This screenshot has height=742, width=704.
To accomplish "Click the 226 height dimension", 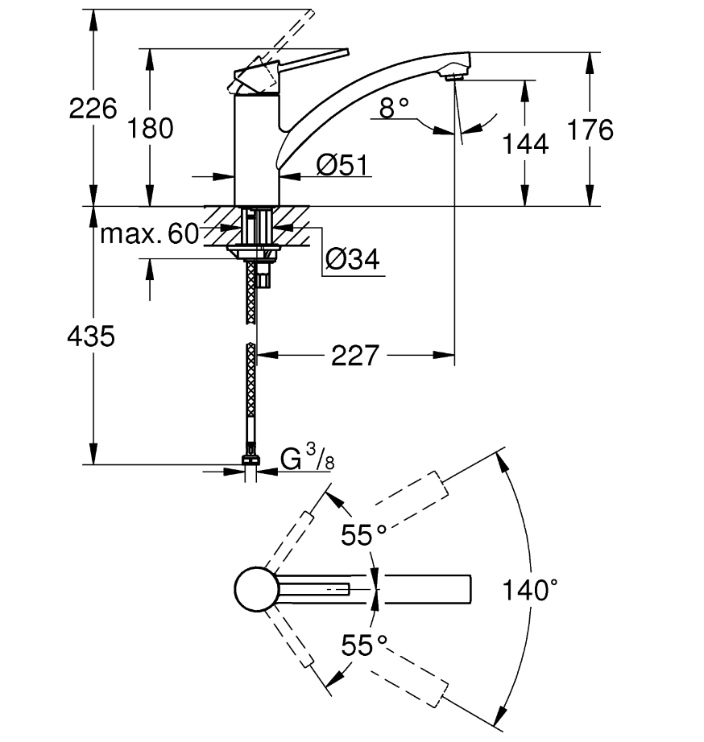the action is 93,109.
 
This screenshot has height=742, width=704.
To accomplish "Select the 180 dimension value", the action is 150,129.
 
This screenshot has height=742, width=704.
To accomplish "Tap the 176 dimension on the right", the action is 590,130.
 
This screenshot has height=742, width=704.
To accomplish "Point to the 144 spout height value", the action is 525,143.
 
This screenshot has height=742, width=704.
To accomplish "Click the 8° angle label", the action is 394,108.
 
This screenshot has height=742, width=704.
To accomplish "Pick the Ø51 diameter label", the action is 342,165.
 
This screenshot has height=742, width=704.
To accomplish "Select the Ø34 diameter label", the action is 353,259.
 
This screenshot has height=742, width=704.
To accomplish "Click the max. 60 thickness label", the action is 149,233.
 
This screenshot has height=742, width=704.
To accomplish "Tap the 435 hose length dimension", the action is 91,336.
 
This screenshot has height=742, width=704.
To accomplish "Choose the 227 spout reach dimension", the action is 355,356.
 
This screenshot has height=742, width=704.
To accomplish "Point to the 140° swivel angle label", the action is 529,590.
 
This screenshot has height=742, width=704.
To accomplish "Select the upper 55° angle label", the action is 363,535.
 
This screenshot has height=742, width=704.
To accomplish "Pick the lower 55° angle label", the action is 364,645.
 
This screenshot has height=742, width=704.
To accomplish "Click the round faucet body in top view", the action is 256,589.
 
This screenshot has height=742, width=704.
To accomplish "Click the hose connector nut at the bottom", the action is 251,460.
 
